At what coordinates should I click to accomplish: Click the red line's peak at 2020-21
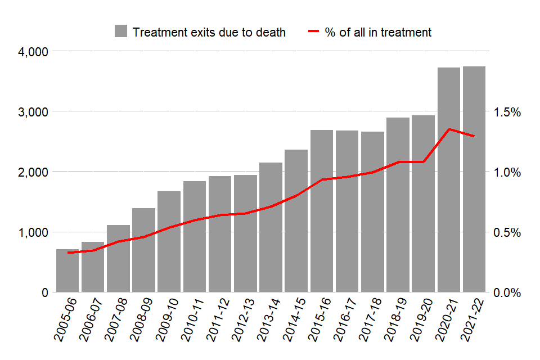(x=449, y=129)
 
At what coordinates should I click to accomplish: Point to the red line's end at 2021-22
(x=474, y=136)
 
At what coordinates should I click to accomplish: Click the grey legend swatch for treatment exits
(x=120, y=31)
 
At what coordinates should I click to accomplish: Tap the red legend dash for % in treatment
(x=312, y=31)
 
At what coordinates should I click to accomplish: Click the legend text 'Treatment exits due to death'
(x=208, y=32)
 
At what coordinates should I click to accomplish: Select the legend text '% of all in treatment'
(x=378, y=32)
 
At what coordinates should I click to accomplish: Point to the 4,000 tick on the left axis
(x=34, y=52)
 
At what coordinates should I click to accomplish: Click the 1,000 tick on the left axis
(x=34, y=232)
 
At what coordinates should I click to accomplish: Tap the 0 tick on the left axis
(x=44, y=292)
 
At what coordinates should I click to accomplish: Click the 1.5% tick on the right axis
(x=507, y=112)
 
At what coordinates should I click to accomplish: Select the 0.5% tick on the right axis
(x=507, y=232)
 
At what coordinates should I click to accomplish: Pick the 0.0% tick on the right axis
(x=507, y=292)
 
